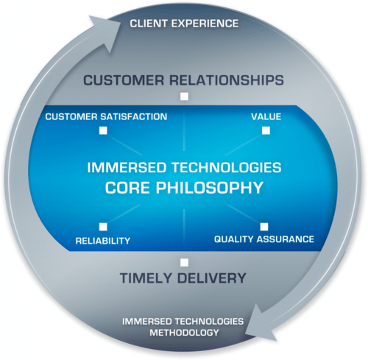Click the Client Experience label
click(x=184, y=24)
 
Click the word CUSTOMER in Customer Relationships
click(x=124, y=80)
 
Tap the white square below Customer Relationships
click(x=185, y=96)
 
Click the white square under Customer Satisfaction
click(x=103, y=130)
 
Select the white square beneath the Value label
click(x=266, y=130)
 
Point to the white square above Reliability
click(x=103, y=227)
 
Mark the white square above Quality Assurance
click(x=264, y=227)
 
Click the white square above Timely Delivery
click(x=184, y=262)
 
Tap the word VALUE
click(x=266, y=116)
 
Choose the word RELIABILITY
click(x=103, y=241)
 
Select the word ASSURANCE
click(x=286, y=239)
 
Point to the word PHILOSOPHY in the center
click(x=210, y=188)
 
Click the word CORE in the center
click(x=127, y=188)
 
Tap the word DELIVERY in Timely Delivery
click(x=211, y=278)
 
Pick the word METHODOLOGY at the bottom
click(x=184, y=333)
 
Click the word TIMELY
click(x=146, y=278)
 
